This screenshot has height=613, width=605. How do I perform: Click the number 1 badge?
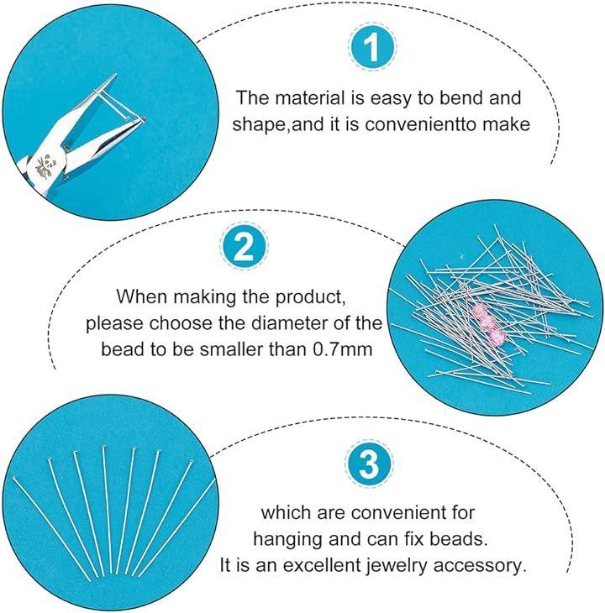pos(372,47)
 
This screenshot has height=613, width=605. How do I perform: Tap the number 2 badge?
pos(245,247)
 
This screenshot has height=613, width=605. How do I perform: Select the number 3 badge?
pos(369,464)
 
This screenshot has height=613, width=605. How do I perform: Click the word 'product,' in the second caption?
pos(310,296)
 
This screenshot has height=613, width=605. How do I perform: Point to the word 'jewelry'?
pos(396,566)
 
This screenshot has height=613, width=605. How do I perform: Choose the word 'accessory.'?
pos(478,566)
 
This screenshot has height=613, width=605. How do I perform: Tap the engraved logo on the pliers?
pos(46,166)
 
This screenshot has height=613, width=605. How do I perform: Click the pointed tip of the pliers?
pos(116,75)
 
